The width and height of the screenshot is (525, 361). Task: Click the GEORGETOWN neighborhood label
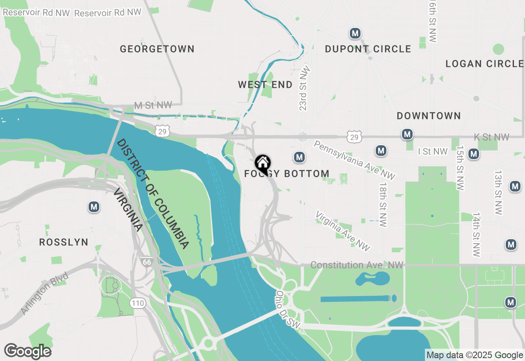tap(157, 49)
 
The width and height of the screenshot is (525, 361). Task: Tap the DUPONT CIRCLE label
tap(368, 49)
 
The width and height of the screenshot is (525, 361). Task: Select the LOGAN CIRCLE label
tap(484, 64)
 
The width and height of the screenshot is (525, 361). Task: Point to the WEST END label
tap(265, 85)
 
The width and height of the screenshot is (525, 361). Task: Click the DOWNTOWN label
tap(429, 116)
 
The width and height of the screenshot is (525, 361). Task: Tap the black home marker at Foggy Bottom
tap(262, 163)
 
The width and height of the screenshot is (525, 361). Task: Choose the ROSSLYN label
tap(64, 242)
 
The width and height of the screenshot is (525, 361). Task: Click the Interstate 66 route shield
tap(146, 262)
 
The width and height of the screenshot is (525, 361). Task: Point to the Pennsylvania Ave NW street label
tap(354, 160)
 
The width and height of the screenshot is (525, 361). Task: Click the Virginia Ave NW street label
tap(342, 231)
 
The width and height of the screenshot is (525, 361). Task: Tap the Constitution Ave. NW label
tap(357, 265)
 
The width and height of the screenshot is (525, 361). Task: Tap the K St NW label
tap(492, 137)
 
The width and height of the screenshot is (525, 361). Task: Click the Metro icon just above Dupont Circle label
tap(355, 33)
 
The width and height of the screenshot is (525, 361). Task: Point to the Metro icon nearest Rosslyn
tap(94, 207)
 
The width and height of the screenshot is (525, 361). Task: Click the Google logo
tap(27, 352)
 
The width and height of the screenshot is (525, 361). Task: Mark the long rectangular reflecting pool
tap(355, 299)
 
